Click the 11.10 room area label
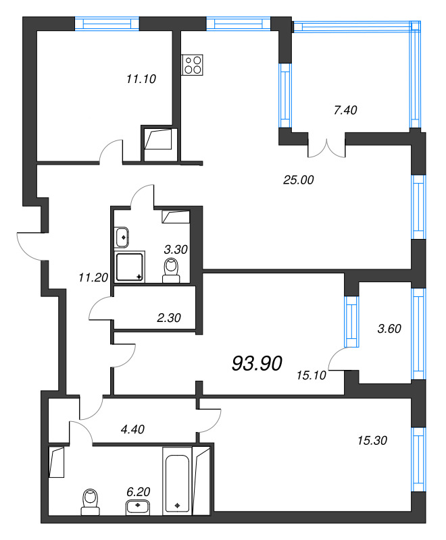[x=141, y=79]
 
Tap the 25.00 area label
[x=299, y=180]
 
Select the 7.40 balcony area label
[x=345, y=110]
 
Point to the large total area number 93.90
[x=257, y=363]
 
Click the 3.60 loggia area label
[x=389, y=329]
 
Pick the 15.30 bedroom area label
[x=372, y=440]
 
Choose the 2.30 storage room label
[x=169, y=317]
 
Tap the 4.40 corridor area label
[x=132, y=429]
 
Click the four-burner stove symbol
[x=193, y=65]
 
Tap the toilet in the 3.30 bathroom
[x=171, y=271]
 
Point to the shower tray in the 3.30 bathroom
[x=129, y=267]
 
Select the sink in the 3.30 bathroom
[x=122, y=237]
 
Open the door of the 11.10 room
[x=111, y=151]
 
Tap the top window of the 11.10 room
[x=107, y=24]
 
